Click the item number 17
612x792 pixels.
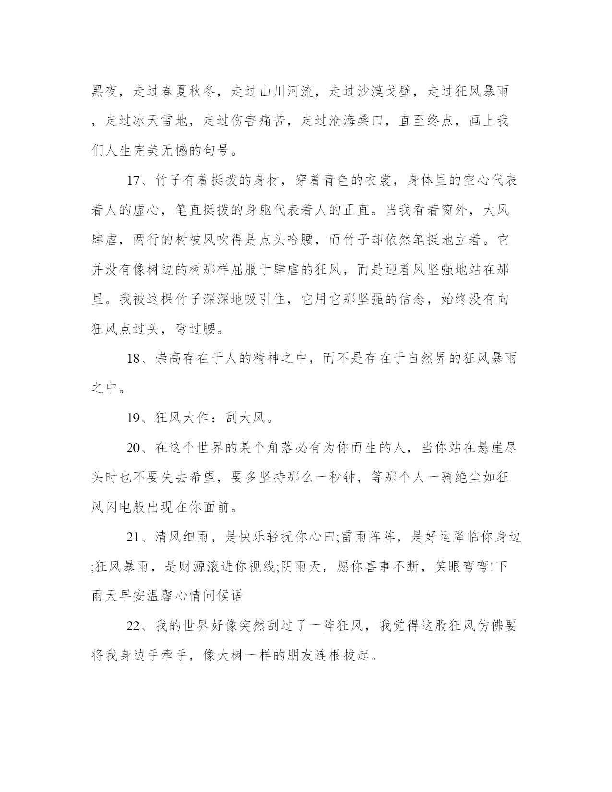pyautogui.click(x=132, y=181)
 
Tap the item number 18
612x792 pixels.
pyautogui.click(x=132, y=359)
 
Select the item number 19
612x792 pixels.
pyautogui.click(x=132, y=418)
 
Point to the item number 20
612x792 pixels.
pyautogui.click(x=132, y=448)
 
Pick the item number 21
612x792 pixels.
pyautogui.click(x=132, y=537)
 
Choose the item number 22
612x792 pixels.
pyautogui.click(x=132, y=626)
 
